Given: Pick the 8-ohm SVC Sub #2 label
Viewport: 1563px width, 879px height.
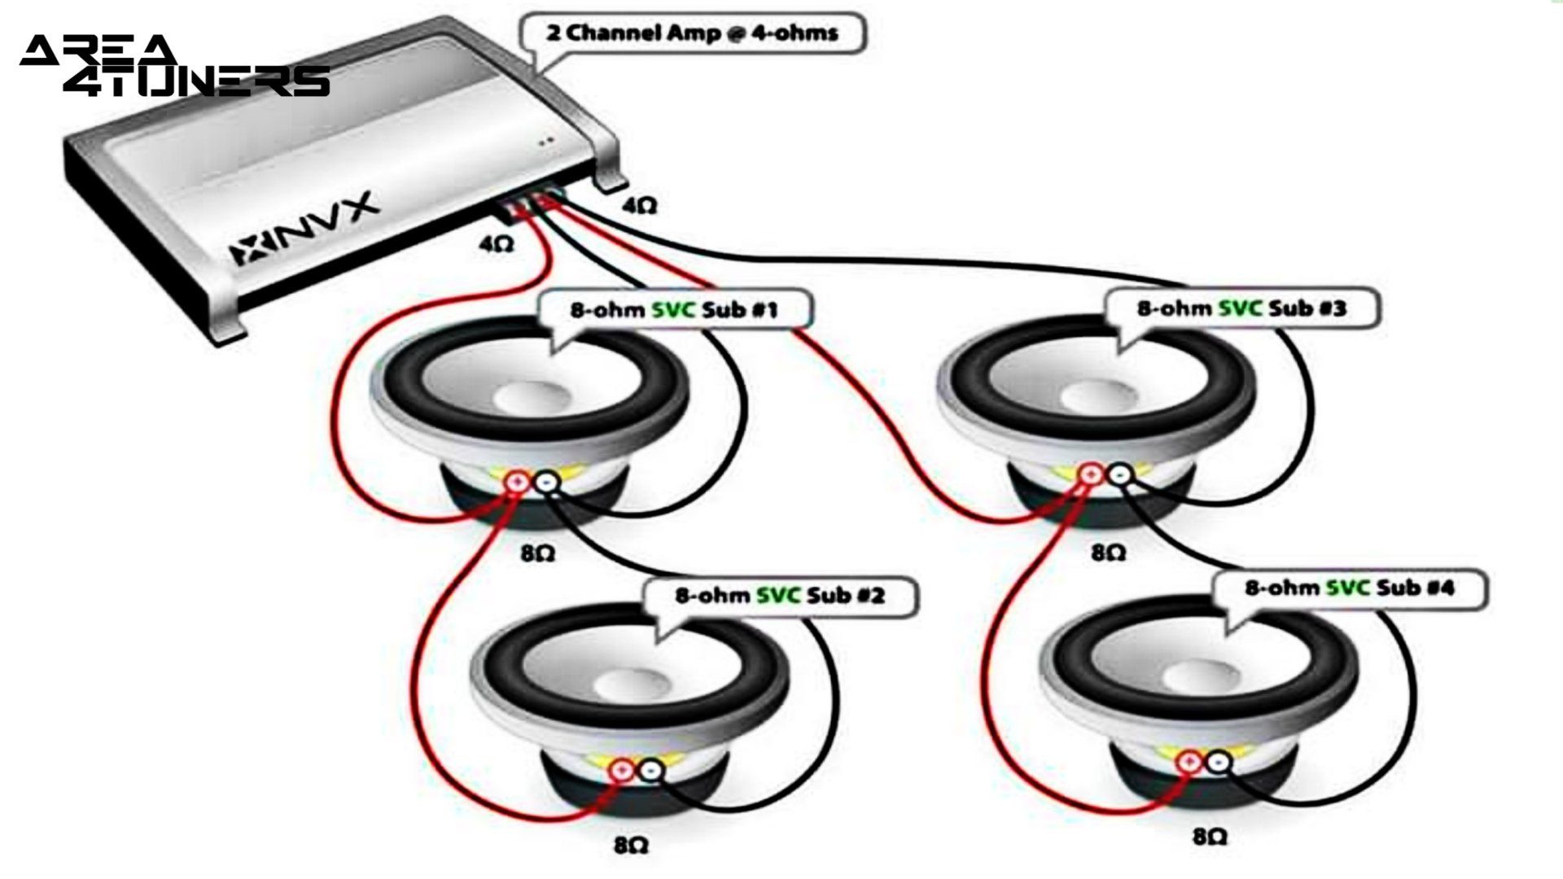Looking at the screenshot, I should click(x=779, y=596).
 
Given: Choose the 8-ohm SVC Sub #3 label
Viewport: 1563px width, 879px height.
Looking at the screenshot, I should click(x=1241, y=308).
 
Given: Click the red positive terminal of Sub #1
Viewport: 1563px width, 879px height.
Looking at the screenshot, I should click(x=517, y=483).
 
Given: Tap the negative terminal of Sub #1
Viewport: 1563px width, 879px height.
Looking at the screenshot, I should click(x=547, y=483).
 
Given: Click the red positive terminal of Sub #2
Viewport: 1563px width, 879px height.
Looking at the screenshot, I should click(x=621, y=769).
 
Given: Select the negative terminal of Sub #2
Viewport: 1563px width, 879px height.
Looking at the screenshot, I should click(x=651, y=769).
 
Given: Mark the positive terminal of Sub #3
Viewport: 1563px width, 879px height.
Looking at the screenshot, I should click(x=1089, y=474).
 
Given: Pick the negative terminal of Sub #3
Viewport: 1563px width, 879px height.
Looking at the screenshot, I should click(x=1120, y=474).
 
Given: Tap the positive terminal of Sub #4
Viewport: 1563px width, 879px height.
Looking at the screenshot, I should click(x=1189, y=762).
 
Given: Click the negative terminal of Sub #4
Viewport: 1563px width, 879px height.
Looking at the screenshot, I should click(x=1219, y=762).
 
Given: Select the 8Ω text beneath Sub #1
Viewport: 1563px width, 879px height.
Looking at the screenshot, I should click(x=537, y=553).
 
